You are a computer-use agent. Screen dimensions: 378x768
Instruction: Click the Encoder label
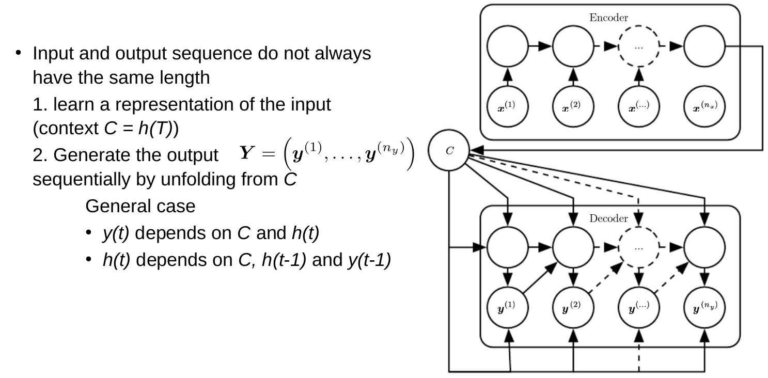(x=608, y=18)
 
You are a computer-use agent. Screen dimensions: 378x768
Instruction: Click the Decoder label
(x=608, y=218)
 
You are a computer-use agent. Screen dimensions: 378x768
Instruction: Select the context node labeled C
(x=449, y=151)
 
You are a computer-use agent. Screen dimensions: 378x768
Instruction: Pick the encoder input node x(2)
(x=573, y=107)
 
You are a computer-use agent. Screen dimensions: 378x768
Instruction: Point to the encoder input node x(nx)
(x=705, y=107)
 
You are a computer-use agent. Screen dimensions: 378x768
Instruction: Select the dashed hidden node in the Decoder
(x=639, y=247)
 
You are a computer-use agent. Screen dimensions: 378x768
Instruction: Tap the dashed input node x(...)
(x=639, y=107)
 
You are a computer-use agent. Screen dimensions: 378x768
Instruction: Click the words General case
(x=140, y=207)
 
